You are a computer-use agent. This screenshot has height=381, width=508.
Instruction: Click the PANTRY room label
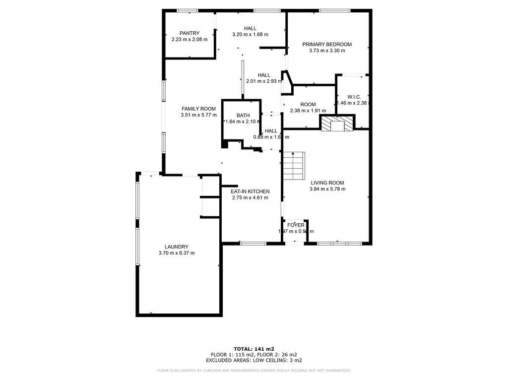pos(190,33)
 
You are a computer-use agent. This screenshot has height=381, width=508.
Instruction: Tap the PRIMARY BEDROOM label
pos(327,44)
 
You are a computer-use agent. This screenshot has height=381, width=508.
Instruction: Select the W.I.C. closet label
pos(354,97)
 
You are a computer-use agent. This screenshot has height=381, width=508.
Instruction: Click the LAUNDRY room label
pos(177,247)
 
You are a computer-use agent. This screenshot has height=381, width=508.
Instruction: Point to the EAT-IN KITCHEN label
pos(250,191)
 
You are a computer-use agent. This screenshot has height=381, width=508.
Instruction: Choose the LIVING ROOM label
pos(327,183)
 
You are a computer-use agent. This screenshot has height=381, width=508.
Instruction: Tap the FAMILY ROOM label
pos(198,109)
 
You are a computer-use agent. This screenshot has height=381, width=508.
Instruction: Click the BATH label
pos(243,115)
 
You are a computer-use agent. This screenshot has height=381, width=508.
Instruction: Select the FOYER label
pos(296,225)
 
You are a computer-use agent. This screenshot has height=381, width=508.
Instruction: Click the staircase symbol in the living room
pos(294,166)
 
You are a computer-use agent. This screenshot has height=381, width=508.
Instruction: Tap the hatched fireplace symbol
pos(337,124)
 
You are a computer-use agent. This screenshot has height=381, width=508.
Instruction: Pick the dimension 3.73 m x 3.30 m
pos(327,51)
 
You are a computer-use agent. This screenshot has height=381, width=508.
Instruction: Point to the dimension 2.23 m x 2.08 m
pos(190,39)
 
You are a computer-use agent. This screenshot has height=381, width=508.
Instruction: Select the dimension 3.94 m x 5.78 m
pos(327,189)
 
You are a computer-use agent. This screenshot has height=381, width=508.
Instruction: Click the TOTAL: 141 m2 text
pos(254,349)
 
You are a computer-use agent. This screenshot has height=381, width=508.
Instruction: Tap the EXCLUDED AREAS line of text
pos(254,360)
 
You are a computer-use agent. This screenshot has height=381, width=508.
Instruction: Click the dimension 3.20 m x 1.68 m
pos(250,34)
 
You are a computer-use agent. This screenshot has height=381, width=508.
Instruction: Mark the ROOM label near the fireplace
pos(308,104)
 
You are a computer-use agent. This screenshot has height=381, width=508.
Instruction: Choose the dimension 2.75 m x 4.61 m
pos(250,197)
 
